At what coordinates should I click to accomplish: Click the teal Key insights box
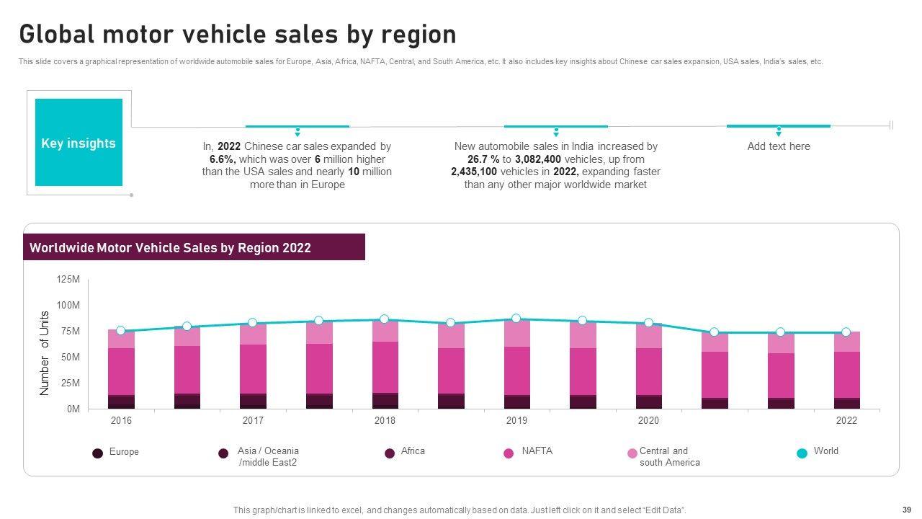click(79, 143)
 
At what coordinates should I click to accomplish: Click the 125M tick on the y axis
click(68, 280)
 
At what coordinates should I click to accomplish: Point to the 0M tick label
click(73, 409)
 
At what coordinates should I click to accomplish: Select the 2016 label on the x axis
click(121, 421)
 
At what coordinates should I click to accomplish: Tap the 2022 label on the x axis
click(846, 421)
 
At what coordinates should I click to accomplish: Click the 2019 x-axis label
click(516, 421)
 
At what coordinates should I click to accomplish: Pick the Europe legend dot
click(97, 453)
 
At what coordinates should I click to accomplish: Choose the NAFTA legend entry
click(537, 451)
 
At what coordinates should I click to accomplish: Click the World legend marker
click(802, 453)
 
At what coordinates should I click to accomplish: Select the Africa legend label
click(413, 451)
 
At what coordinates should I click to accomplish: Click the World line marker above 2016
click(121, 331)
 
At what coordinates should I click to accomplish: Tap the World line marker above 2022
click(846, 332)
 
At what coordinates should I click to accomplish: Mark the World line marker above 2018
click(385, 319)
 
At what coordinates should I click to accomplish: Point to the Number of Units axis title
click(45, 353)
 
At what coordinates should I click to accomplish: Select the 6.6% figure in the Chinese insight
click(222, 159)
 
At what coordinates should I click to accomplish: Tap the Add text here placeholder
click(779, 146)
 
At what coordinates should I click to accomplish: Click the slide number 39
click(906, 509)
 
